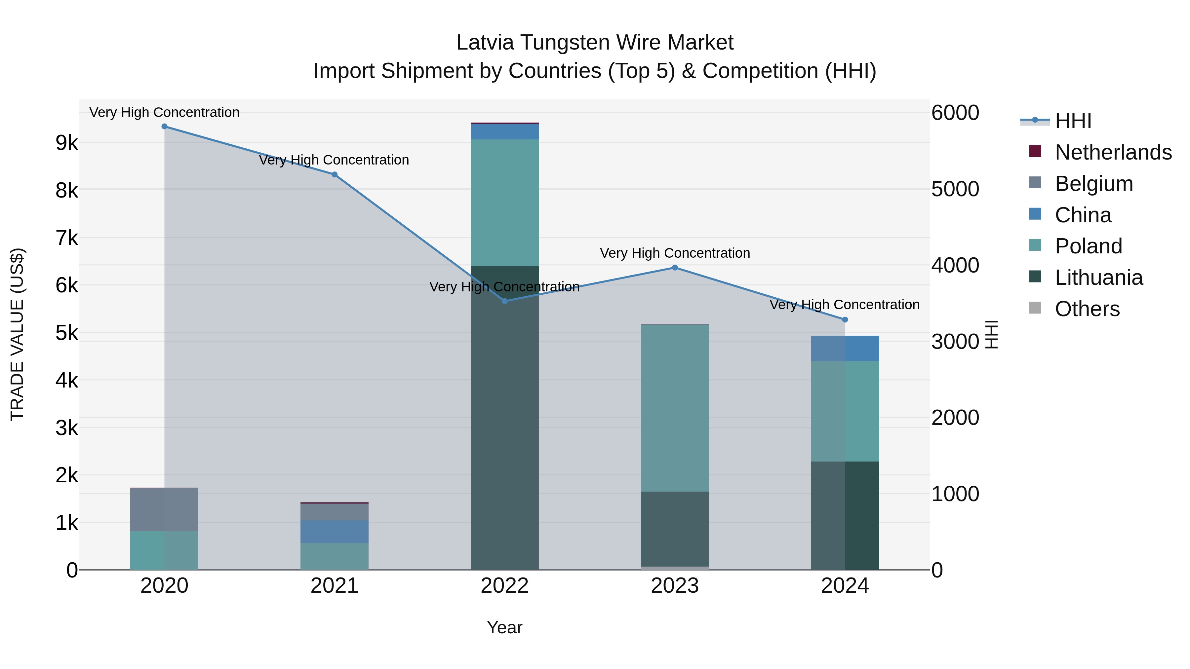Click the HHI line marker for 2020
(165, 127)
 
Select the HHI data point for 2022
(504, 301)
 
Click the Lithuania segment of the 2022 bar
(504, 416)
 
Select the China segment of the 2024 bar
(845, 348)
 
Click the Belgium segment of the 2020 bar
(165, 509)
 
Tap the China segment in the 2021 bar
(335, 532)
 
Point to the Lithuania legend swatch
(1035, 277)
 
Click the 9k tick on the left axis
(66, 143)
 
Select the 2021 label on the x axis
(335, 586)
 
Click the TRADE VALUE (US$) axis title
(18, 334)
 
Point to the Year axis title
(504, 627)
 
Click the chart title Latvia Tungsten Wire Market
(595, 43)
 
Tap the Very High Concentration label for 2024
(845, 305)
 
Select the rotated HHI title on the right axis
(992, 334)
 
